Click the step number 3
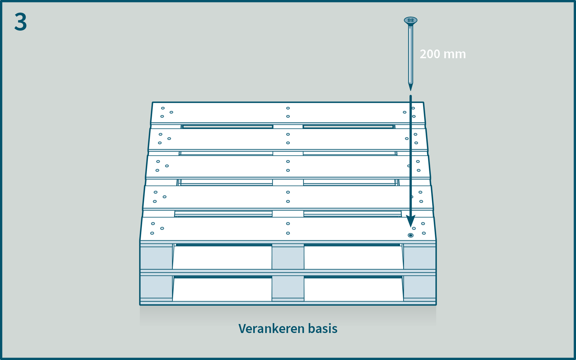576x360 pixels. click(x=20, y=22)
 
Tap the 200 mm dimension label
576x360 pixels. click(x=442, y=54)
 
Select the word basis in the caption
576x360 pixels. click(x=323, y=329)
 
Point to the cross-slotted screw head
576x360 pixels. click(x=410, y=20)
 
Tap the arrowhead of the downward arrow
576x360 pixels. click(x=410, y=221)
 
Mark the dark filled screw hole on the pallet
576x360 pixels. click(x=410, y=235)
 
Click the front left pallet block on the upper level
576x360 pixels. click(x=156, y=258)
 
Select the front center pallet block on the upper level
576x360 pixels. click(x=288, y=258)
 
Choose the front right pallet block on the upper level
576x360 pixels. click(x=419, y=258)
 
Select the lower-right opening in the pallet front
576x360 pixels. click(x=353, y=289)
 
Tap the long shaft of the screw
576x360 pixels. click(x=410, y=54)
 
